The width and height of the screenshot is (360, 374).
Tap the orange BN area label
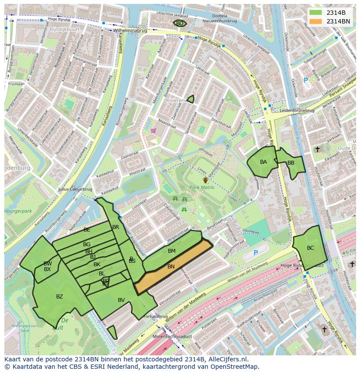[x=171, y=266]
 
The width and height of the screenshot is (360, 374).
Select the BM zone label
[x=171, y=251]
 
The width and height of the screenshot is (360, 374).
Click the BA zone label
[x=263, y=162]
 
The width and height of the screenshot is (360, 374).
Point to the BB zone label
[x=291, y=163]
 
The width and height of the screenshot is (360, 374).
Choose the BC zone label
[x=310, y=248]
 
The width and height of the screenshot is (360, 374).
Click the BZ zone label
[x=60, y=297]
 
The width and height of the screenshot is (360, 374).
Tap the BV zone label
[x=121, y=300]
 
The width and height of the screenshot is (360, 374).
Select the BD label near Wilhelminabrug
[x=180, y=23]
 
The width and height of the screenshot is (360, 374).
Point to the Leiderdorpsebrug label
[x=297, y=110]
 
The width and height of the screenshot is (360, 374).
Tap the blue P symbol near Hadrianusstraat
[x=256, y=253]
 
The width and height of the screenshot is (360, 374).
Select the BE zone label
[x=87, y=229]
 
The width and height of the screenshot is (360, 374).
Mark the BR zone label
[x=116, y=227]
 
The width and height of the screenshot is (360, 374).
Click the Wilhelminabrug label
[x=130, y=31]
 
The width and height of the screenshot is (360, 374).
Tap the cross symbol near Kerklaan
[x=317, y=149]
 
